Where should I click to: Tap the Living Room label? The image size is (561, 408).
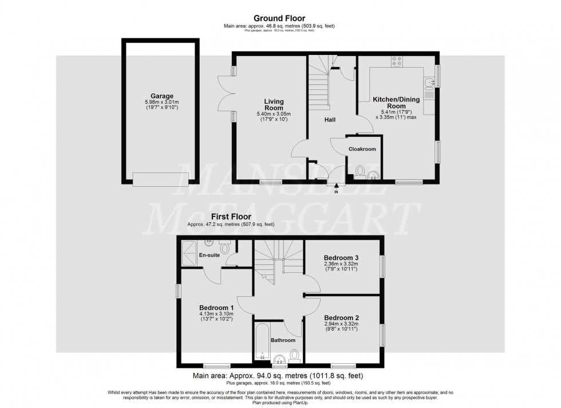point(274,104)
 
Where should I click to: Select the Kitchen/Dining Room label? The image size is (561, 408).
point(396,103)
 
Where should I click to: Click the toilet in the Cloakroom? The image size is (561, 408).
point(360,171)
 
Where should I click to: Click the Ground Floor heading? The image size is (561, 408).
point(280,18)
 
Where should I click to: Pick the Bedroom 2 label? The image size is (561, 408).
point(341,317)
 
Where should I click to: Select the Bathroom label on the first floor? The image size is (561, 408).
point(283,340)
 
